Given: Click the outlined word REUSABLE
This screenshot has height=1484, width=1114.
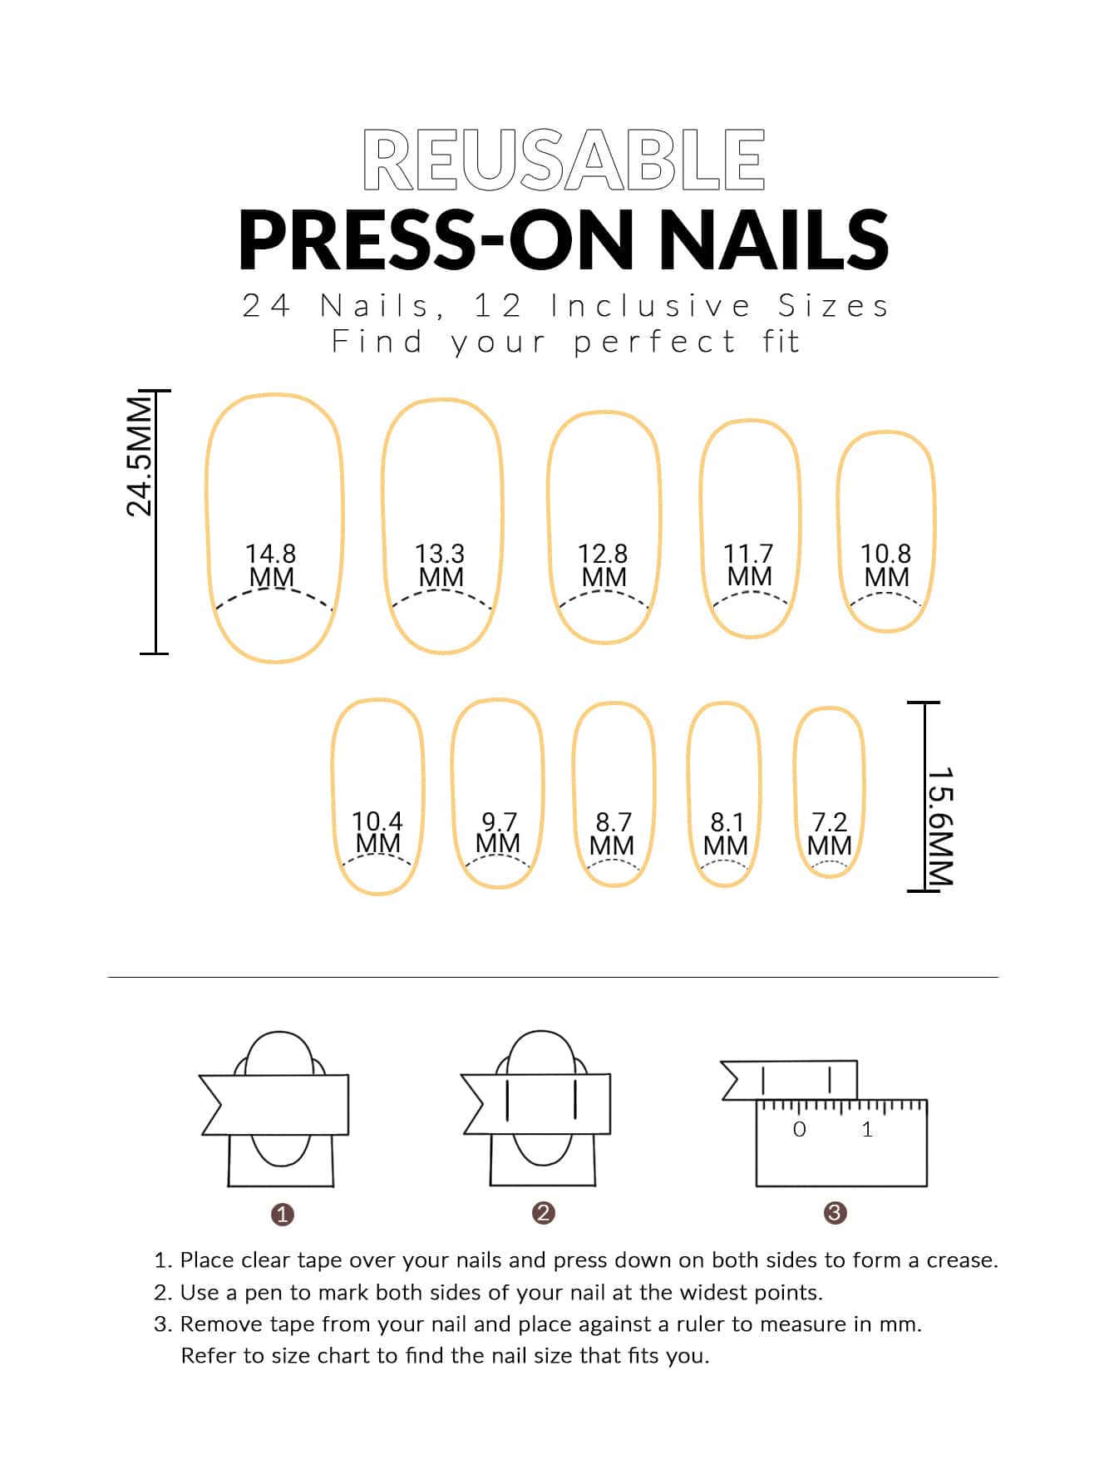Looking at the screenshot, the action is (x=564, y=160).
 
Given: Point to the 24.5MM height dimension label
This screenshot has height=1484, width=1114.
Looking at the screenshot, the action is (x=139, y=456).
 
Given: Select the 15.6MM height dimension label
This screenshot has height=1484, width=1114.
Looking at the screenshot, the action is (x=939, y=827).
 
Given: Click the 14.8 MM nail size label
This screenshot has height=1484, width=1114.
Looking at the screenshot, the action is (x=271, y=565).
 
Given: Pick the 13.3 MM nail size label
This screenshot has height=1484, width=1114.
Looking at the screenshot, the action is (x=440, y=565).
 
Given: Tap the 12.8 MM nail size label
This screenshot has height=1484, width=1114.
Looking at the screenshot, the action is (x=603, y=565).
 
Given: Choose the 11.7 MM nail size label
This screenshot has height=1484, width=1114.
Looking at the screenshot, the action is (x=748, y=565).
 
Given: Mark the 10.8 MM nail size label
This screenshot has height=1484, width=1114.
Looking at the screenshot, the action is (x=885, y=565).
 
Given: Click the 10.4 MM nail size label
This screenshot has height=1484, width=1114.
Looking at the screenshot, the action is (x=377, y=832).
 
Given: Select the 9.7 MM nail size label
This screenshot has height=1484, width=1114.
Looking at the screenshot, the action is (x=498, y=833).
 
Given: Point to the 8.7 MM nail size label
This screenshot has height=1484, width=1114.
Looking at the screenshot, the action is (x=612, y=834).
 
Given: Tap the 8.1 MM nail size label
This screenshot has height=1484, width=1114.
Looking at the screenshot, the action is (x=726, y=834).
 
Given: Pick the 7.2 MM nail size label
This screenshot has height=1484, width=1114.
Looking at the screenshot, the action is (x=830, y=834).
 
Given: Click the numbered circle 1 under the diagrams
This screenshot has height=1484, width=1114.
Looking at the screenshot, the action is (x=283, y=1215).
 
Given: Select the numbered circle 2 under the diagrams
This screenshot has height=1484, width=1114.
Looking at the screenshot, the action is (x=543, y=1213).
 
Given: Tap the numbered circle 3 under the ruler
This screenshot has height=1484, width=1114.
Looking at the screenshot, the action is (x=835, y=1213).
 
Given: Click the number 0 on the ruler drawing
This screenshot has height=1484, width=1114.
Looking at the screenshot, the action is (x=799, y=1129).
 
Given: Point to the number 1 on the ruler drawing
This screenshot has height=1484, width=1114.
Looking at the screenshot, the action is (x=867, y=1129).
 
